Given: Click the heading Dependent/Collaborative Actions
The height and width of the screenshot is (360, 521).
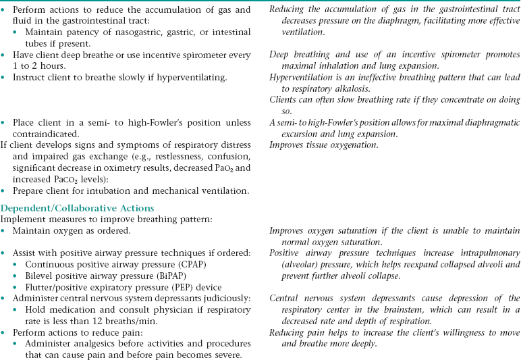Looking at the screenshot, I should [78, 208].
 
